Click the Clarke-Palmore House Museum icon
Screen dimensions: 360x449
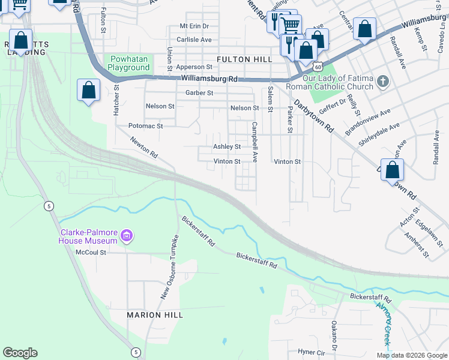click(x=126, y=235)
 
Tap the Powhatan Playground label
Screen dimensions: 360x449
click(x=129, y=63)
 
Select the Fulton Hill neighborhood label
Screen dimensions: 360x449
click(x=244, y=59)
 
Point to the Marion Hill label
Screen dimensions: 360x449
click(x=152, y=314)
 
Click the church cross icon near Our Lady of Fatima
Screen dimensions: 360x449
click(x=382, y=80)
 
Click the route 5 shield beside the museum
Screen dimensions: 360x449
click(x=49, y=206)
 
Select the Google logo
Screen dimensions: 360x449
click(x=20, y=353)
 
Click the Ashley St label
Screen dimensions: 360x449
click(x=227, y=146)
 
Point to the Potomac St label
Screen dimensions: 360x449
click(x=146, y=126)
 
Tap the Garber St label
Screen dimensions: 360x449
click(x=199, y=93)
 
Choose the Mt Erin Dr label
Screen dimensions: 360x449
click(x=194, y=26)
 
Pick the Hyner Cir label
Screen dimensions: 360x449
click(x=311, y=352)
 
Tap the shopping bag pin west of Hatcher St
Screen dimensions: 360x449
click(x=88, y=91)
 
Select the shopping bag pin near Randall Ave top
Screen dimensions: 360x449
click(x=364, y=29)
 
